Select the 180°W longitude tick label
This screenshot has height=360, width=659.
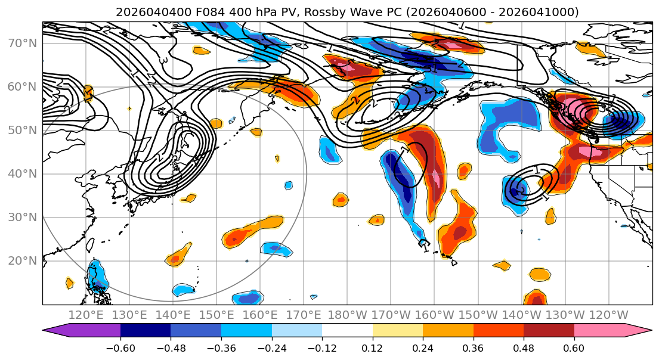[348, 315]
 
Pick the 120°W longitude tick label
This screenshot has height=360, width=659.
[609, 315]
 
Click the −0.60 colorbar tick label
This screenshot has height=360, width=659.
[120, 347]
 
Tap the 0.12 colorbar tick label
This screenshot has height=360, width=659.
[372, 347]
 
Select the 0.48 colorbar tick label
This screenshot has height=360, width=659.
[524, 347]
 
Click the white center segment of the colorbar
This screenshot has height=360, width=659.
[347, 330]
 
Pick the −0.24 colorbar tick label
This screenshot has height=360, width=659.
[271, 347]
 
